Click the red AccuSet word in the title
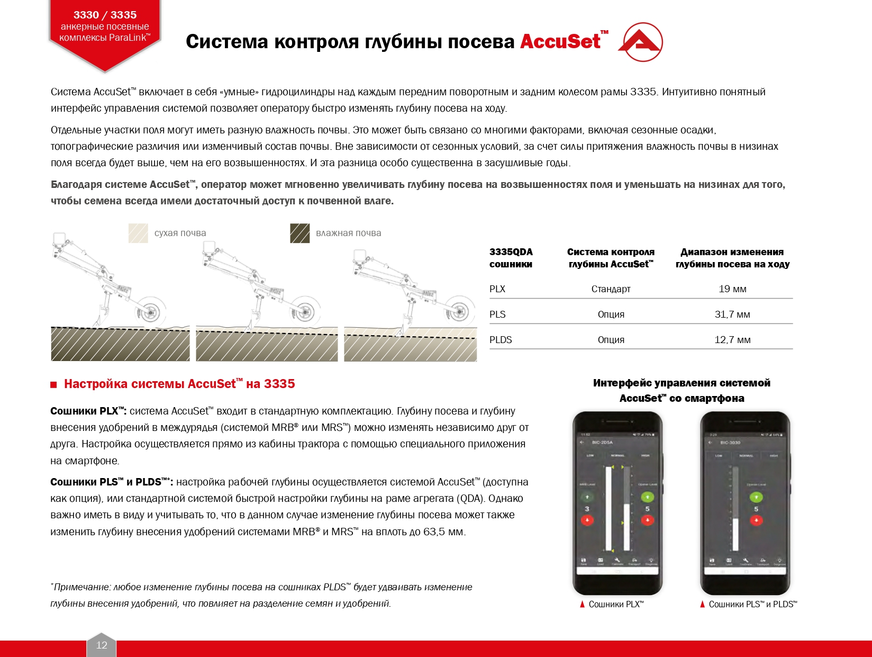(x=560, y=41)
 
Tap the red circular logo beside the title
(x=641, y=42)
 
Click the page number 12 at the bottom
(x=102, y=645)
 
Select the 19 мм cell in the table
(x=732, y=289)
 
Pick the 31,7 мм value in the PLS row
(x=732, y=314)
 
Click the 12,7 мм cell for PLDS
(x=732, y=340)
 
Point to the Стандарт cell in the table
(x=611, y=289)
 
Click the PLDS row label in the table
(x=501, y=340)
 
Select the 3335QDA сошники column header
(x=511, y=258)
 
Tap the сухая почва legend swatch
(x=138, y=233)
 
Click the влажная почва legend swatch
(x=299, y=233)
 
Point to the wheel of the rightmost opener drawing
(x=459, y=312)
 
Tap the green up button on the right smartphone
(x=756, y=497)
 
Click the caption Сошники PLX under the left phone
(x=616, y=604)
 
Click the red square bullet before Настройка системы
(x=53, y=385)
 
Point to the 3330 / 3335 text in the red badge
(x=105, y=15)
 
